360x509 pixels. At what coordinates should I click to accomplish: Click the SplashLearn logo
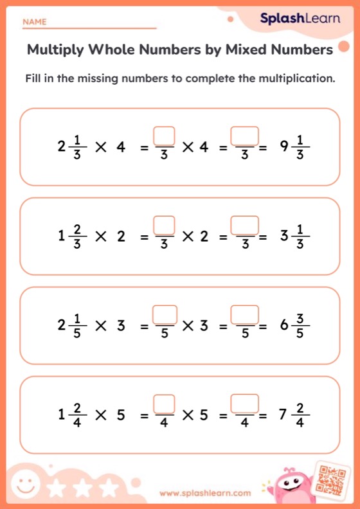point(300,19)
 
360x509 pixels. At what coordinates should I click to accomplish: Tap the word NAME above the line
point(34,22)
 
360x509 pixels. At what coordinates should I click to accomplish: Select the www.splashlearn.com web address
point(205,494)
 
